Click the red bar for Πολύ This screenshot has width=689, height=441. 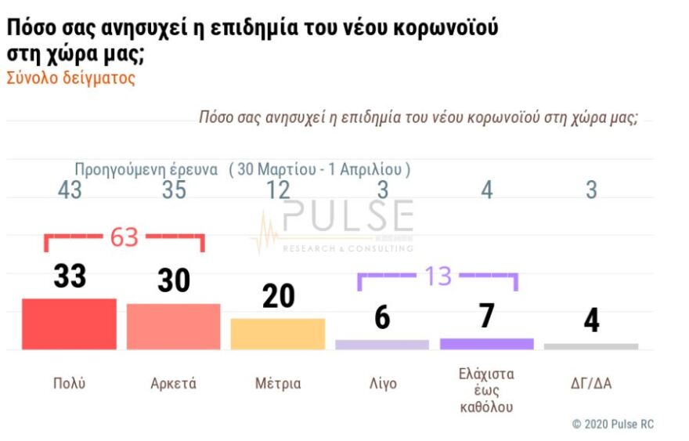69,324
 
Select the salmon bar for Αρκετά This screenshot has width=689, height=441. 173,326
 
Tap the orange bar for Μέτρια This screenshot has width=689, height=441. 277,334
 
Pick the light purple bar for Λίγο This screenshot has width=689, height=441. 382,344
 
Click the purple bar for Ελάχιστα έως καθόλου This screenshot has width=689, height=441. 486,343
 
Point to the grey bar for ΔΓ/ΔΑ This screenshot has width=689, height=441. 591,345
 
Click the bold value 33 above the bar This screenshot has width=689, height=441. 69,276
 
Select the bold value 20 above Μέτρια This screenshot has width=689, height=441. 278,296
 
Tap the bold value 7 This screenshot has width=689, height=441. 486,316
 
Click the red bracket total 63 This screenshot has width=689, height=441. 124,237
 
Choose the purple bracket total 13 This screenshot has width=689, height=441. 438,276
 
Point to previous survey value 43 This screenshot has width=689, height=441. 69,190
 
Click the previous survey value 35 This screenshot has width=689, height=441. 173,190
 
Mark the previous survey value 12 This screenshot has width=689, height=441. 278,190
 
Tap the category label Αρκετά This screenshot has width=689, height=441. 173,384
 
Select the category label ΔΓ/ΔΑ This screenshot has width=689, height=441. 591,384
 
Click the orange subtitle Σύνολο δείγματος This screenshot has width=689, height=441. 70,79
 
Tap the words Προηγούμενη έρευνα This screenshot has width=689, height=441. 146,169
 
